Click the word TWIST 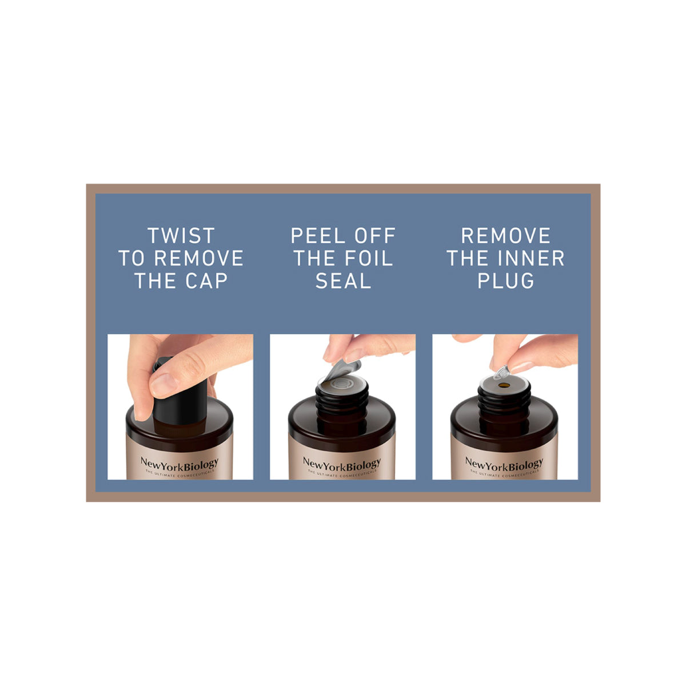click(x=181, y=236)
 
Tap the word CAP click(x=206, y=281)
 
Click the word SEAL click(x=343, y=281)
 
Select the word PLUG click(x=505, y=281)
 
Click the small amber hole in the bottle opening click(x=504, y=385)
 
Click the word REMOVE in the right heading click(x=505, y=236)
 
